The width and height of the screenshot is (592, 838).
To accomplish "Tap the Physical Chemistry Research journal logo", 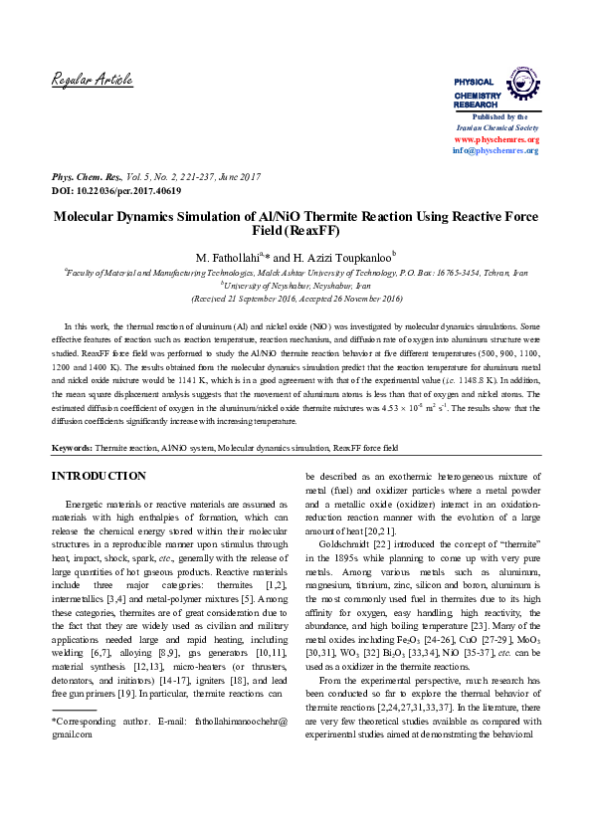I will pos(495,89).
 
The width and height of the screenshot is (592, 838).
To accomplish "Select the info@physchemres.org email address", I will pos(495,150).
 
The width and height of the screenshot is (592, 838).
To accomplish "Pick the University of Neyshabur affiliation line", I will pos(296,283).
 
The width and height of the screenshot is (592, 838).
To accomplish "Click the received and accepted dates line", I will pos(296,297).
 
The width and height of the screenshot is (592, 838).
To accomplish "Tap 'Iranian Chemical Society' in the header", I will pos(495,128).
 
